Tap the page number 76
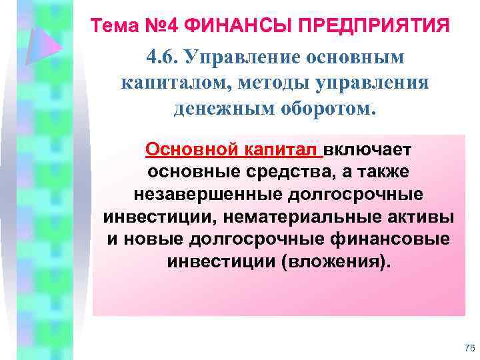pyautogui.click(x=468, y=347)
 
